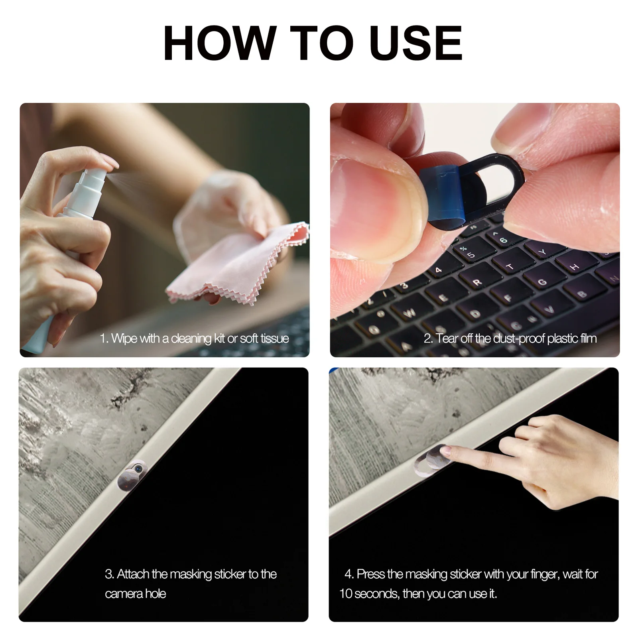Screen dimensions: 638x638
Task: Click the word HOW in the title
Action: click(220, 43)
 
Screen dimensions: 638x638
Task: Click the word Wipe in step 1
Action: click(124, 339)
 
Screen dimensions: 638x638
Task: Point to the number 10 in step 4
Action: click(346, 594)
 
